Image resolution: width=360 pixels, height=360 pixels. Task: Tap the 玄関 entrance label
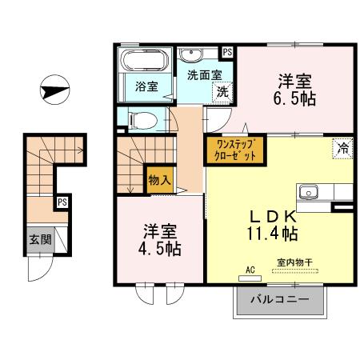38,239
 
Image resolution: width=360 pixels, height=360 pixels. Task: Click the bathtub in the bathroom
143,62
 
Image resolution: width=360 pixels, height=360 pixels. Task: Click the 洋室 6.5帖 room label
294,89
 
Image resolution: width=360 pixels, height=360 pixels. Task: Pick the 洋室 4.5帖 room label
161,239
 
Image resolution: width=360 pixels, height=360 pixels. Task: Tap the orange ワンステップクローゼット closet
231,150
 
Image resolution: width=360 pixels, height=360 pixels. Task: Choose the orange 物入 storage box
158,181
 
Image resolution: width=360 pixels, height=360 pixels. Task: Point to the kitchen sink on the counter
310,192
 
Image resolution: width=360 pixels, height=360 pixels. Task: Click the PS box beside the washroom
228,52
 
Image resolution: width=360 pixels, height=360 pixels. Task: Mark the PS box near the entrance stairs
62,203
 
